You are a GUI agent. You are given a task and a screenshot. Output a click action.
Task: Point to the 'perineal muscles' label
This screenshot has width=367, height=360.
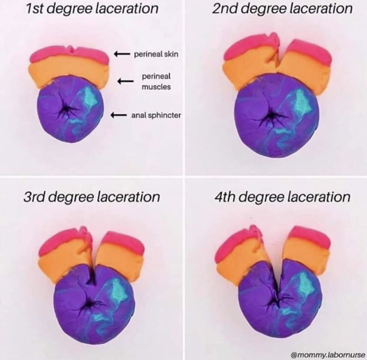pos(153,82)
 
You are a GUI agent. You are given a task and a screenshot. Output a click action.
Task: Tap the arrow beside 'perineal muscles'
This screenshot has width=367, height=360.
pos(126,82)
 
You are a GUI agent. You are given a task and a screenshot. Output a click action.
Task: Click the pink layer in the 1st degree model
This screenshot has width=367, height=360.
pos(69,54)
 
